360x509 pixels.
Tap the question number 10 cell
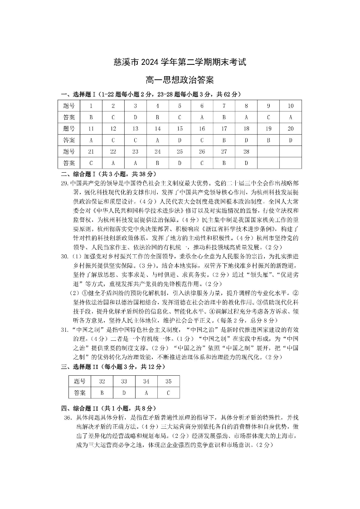tap(290, 106)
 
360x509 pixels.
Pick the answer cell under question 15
tap(180, 140)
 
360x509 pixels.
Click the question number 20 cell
tap(290, 129)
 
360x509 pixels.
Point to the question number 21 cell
tap(91, 151)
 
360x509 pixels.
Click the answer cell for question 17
tap(224, 140)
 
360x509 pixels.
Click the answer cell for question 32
tap(102, 393)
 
